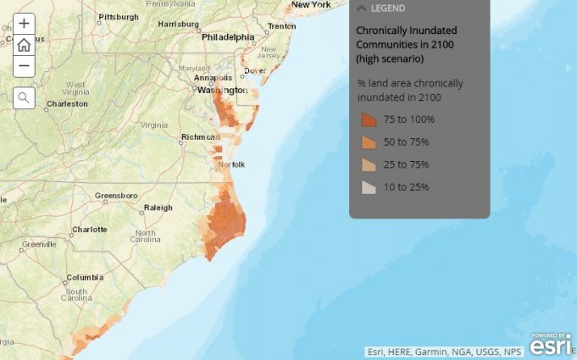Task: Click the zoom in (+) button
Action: (x=24, y=24)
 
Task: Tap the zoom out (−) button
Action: (x=24, y=66)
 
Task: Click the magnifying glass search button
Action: (x=24, y=97)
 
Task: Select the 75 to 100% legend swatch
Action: (x=369, y=119)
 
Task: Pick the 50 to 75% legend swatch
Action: (x=369, y=141)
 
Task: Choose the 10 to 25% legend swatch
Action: (x=369, y=187)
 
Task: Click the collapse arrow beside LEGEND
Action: (x=361, y=8)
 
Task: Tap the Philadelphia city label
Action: (x=228, y=37)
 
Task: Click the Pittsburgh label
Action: (x=118, y=17)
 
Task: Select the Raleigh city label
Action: (x=158, y=208)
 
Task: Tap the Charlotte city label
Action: (x=90, y=229)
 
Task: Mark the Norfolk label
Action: (x=231, y=164)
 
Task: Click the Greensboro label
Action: (x=116, y=196)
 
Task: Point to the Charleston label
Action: (x=67, y=104)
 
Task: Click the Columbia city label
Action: (x=85, y=277)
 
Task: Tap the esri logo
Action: (x=551, y=345)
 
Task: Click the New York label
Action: (x=310, y=5)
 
